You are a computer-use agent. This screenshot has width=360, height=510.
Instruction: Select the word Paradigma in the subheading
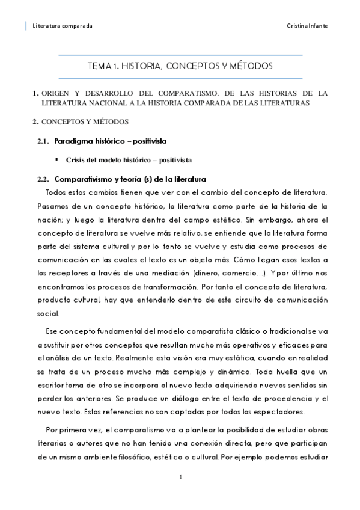click(x=73, y=141)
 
